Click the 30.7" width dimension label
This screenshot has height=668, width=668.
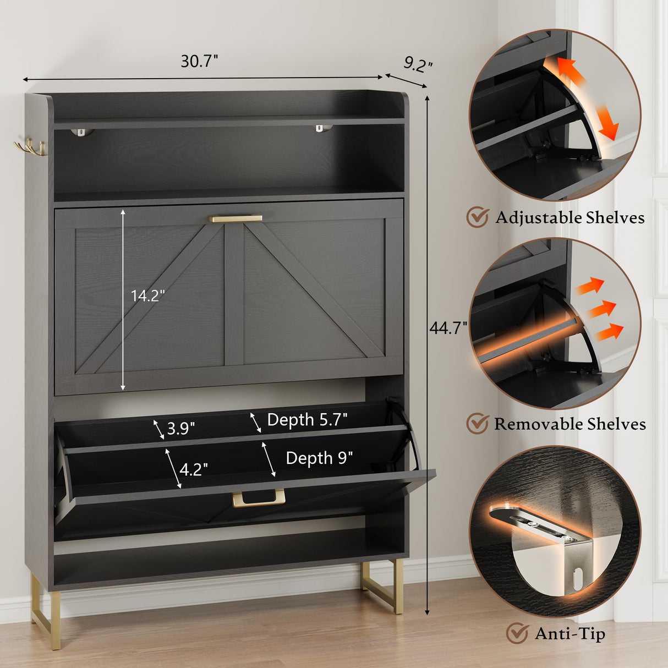[x=199, y=61]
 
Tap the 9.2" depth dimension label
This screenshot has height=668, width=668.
[x=418, y=64]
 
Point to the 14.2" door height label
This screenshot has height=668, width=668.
[x=147, y=295]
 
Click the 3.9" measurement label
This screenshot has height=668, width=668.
[x=180, y=428]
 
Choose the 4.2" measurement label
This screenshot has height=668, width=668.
[x=194, y=469]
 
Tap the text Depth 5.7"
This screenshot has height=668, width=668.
[x=307, y=420]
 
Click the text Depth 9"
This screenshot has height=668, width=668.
[x=319, y=458]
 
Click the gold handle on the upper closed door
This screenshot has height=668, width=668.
[x=236, y=218]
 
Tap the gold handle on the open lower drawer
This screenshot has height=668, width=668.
[x=259, y=499]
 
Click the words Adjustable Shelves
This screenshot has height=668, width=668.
[x=570, y=217]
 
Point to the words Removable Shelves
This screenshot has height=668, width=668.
[x=570, y=424]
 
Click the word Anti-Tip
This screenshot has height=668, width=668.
[x=570, y=633]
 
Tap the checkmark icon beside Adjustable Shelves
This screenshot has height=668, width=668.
[x=478, y=217]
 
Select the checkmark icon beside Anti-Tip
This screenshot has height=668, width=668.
[x=517, y=633]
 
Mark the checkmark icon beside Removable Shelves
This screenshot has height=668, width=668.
[x=478, y=423]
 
